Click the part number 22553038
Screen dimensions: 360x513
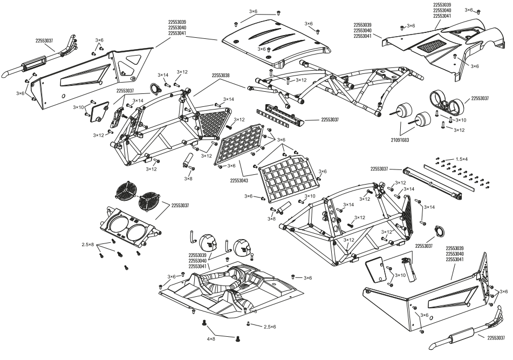pos(221,76)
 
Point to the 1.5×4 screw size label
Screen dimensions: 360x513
pos(462,159)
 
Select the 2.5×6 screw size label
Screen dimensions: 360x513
pos(269,327)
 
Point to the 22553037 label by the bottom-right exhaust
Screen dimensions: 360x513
pos(495,338)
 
